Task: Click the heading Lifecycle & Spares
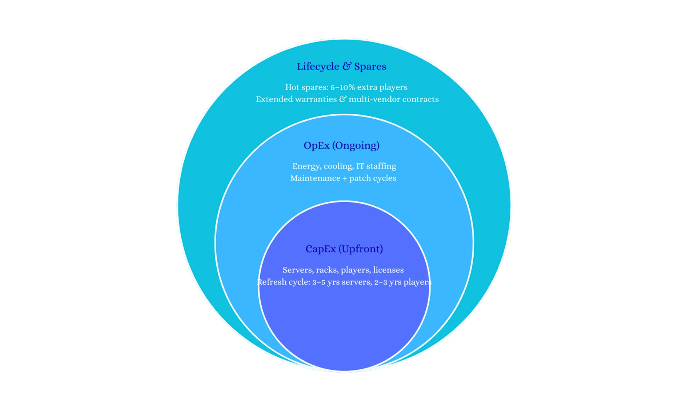(x=341, y=67)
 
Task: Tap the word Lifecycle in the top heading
(x=318, y=67)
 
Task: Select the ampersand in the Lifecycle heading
(x=347, y=66)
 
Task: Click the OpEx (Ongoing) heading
(x=341, y=146)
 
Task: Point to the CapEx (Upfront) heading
(x=344, y=249)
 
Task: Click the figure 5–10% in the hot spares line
(x=342, y=87)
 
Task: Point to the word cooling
(x=338, y=166)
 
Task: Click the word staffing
(x=381, y=166)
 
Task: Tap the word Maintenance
(x=315, y=178)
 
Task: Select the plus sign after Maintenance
(x=345, y=179)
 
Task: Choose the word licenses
(x=388, y=270)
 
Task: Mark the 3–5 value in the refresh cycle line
(x=318, y=282)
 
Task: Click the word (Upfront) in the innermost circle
(x=361, y=249)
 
